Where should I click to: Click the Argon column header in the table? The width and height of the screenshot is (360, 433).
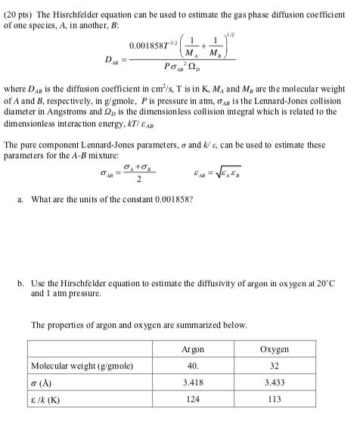[193, 350]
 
